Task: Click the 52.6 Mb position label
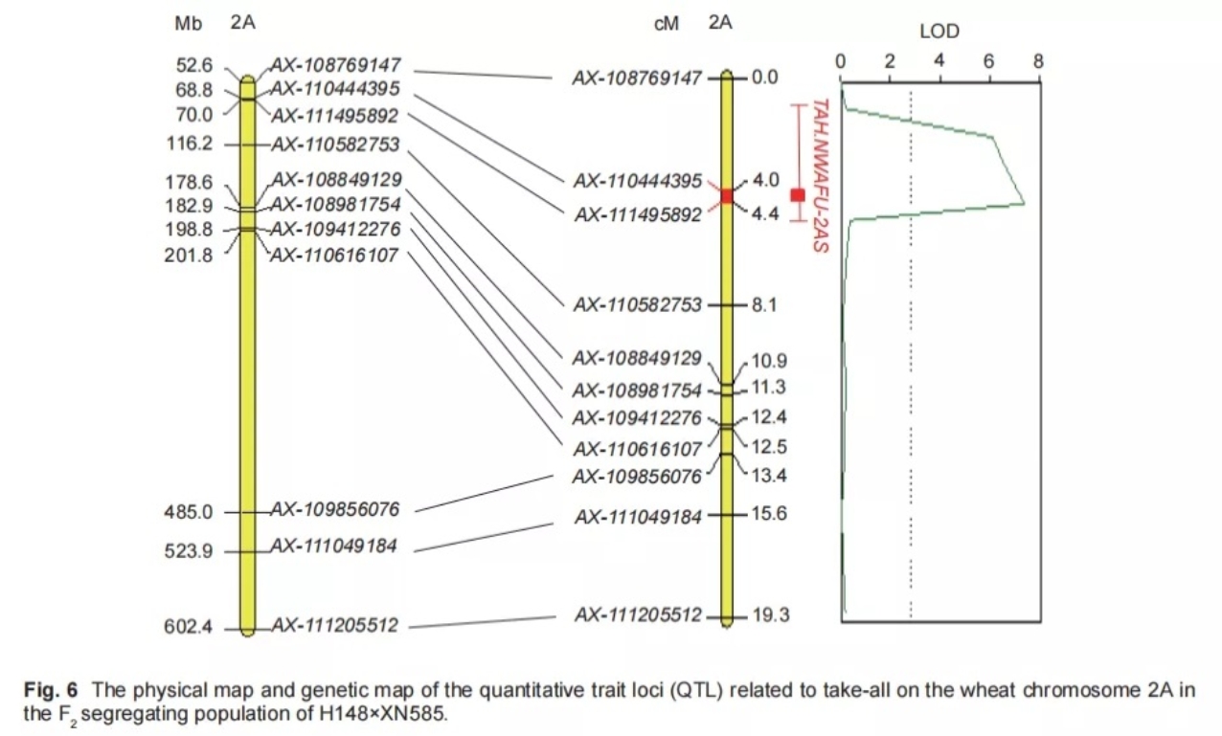pyautogui.click(x=194, y=66)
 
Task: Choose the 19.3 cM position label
pyautogui.click(x=770, y=615)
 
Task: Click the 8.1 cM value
pyautogui.click(x=764, y=305)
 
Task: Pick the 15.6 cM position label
pyautogui.click(x=770, y=514)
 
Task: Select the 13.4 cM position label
pyautogui.click(x=770, y=476)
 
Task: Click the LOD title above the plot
pyautogui.click(x=939, y=32)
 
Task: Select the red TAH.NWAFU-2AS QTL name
pyautogui.click(x=820, y=176)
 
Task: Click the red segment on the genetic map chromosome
pyautogui.click(x=727, y=195)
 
